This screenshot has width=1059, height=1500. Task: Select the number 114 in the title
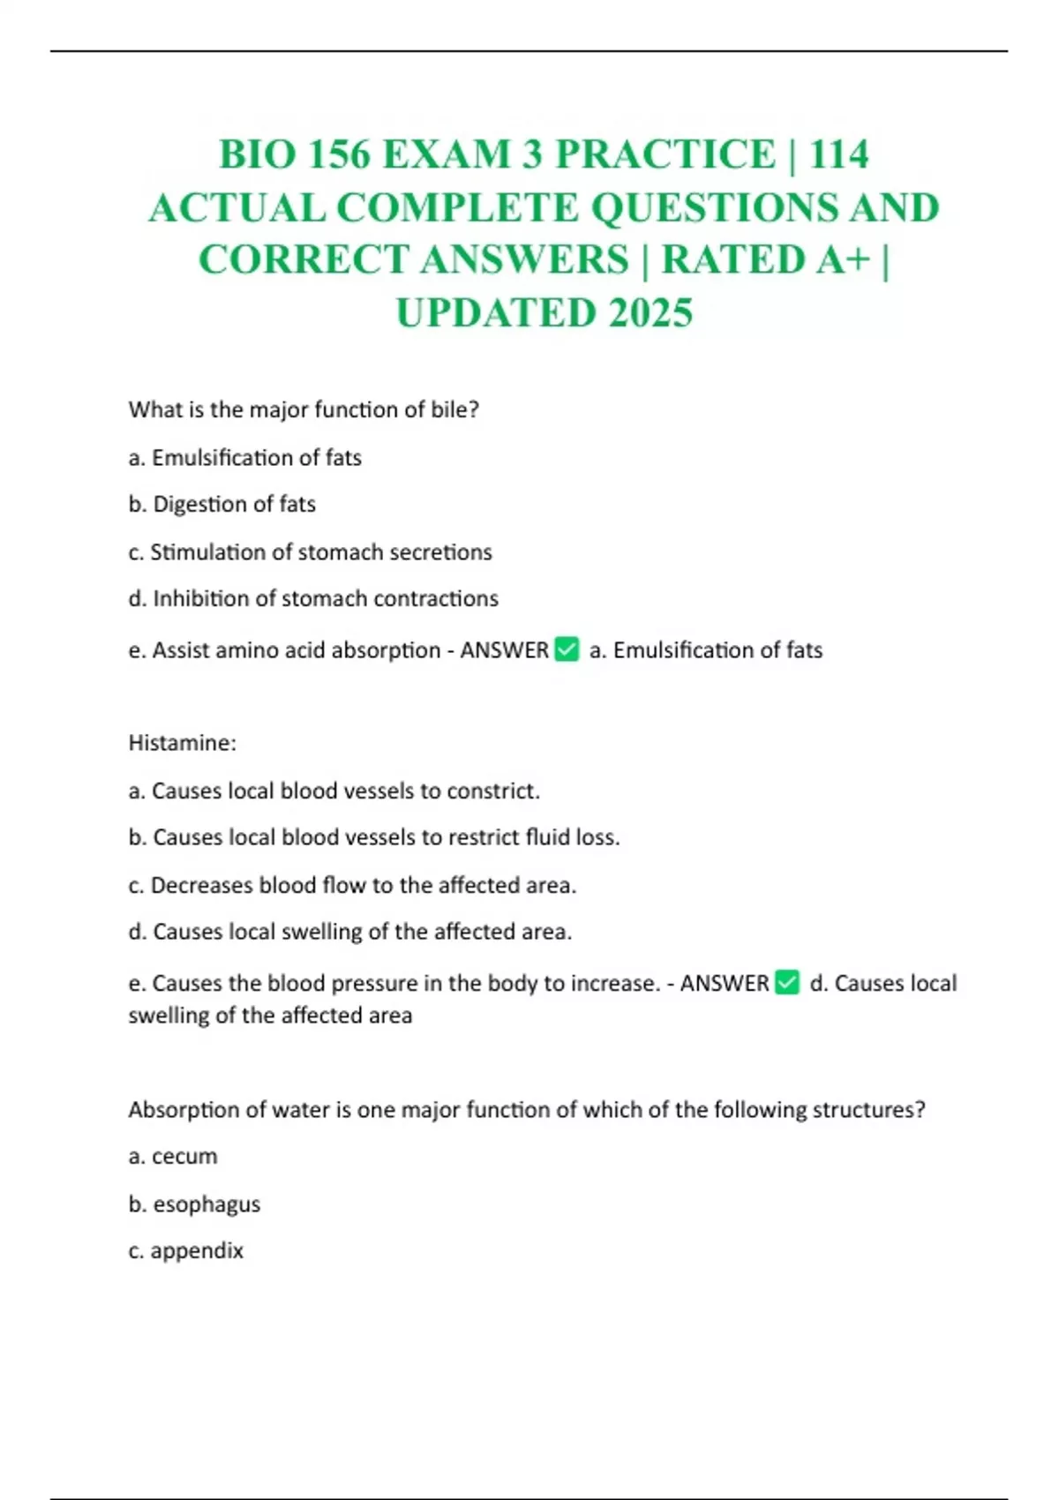[x=838, y=154]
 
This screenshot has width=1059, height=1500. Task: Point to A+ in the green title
[x=842, y=260]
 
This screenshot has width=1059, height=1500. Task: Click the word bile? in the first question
[x=454, y=409]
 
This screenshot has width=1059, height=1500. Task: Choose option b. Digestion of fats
[x=222, y=504]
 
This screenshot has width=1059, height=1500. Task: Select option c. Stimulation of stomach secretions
[x=310, y=551]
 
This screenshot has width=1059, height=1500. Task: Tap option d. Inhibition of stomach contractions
[x=313, y=598]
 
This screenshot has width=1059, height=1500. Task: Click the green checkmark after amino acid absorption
[x=567, y=649]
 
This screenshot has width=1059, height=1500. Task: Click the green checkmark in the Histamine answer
[x=787, y=982]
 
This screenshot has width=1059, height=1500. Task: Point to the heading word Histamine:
[x=183, y=743]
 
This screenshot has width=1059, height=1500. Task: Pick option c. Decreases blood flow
[x=352, y=885]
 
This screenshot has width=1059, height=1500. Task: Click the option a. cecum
[x=173, y=1156]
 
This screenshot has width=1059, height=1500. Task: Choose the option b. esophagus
[x=194, y=1204]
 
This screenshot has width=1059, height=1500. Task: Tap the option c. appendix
[x=185, y=1250]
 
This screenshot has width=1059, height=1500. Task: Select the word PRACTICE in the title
[x=665, y=154]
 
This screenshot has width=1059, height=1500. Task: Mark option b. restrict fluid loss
[x=374, y=837]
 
